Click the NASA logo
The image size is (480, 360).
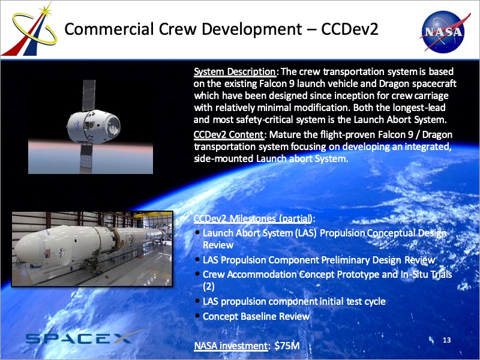[443, 31]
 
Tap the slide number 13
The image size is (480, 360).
[446, 340]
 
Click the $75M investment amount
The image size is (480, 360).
[287, 346]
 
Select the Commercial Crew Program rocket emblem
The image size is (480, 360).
[31, 30]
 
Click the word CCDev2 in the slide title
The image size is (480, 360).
[350, 29]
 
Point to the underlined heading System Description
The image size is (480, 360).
[235, 71]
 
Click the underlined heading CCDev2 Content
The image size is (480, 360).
[229, 134]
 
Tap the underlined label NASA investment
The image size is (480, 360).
[231, 346]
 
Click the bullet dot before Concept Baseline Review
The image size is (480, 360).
[198, 316]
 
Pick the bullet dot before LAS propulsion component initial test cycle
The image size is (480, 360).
[198, 301]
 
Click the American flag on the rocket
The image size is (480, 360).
[47, 253]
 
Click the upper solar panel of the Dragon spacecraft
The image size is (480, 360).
[89, 95]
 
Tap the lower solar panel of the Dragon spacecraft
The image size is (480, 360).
[86, 158]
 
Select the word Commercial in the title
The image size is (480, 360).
[109, 29]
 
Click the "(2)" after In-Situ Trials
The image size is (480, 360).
[208, 287]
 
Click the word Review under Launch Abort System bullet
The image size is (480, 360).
[218, 245]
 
